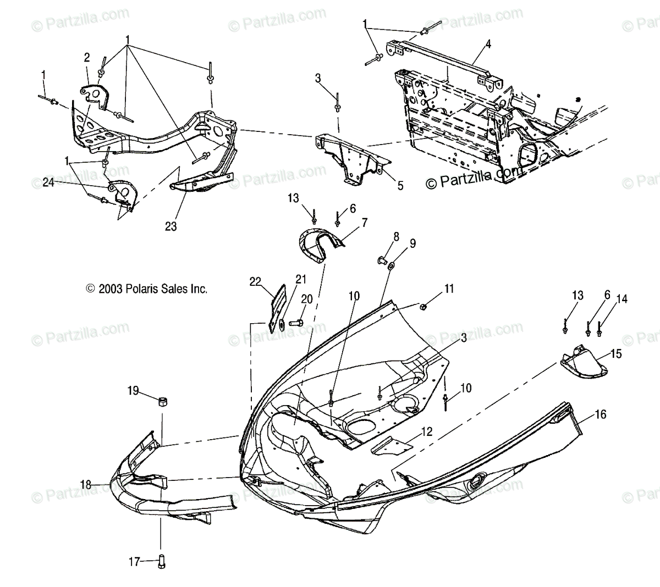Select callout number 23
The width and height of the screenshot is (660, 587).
(171, 226)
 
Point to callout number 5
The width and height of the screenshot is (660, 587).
(400, 186)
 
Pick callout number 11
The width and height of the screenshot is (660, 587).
(449, 288)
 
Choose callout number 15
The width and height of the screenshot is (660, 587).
(617, 354)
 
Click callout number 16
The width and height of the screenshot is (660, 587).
(601, 414)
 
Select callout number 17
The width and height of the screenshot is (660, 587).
(134, 561)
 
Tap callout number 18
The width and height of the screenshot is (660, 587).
(85, 484)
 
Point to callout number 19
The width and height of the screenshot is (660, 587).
(133, 391)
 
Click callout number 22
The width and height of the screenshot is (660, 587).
(254, 281)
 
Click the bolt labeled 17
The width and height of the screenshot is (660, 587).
(162, 562)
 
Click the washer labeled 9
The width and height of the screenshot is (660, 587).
(391, 267)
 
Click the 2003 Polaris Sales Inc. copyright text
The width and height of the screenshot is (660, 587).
(146, 288)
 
